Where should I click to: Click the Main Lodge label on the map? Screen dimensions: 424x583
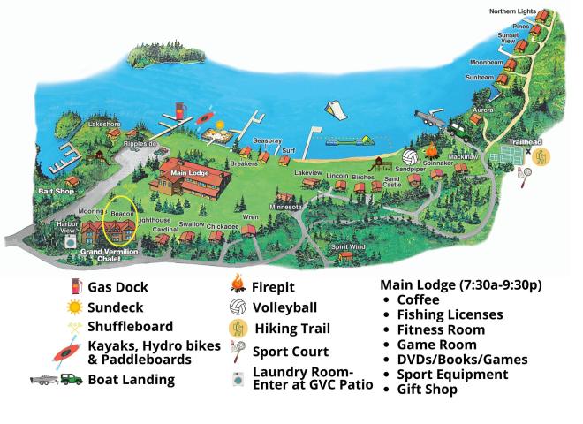coord(189,173)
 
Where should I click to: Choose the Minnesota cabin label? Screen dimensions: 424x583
coord(285,207)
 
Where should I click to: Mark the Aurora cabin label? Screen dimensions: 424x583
coord(483,110)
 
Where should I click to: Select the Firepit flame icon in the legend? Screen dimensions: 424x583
coord(237,286)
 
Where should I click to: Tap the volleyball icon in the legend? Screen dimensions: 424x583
coord(237,307)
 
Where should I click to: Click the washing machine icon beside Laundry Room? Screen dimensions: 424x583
coord(237,379)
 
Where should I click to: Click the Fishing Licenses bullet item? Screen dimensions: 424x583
coord(450,314)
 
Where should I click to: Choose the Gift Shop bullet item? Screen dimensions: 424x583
coord(428,390)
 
